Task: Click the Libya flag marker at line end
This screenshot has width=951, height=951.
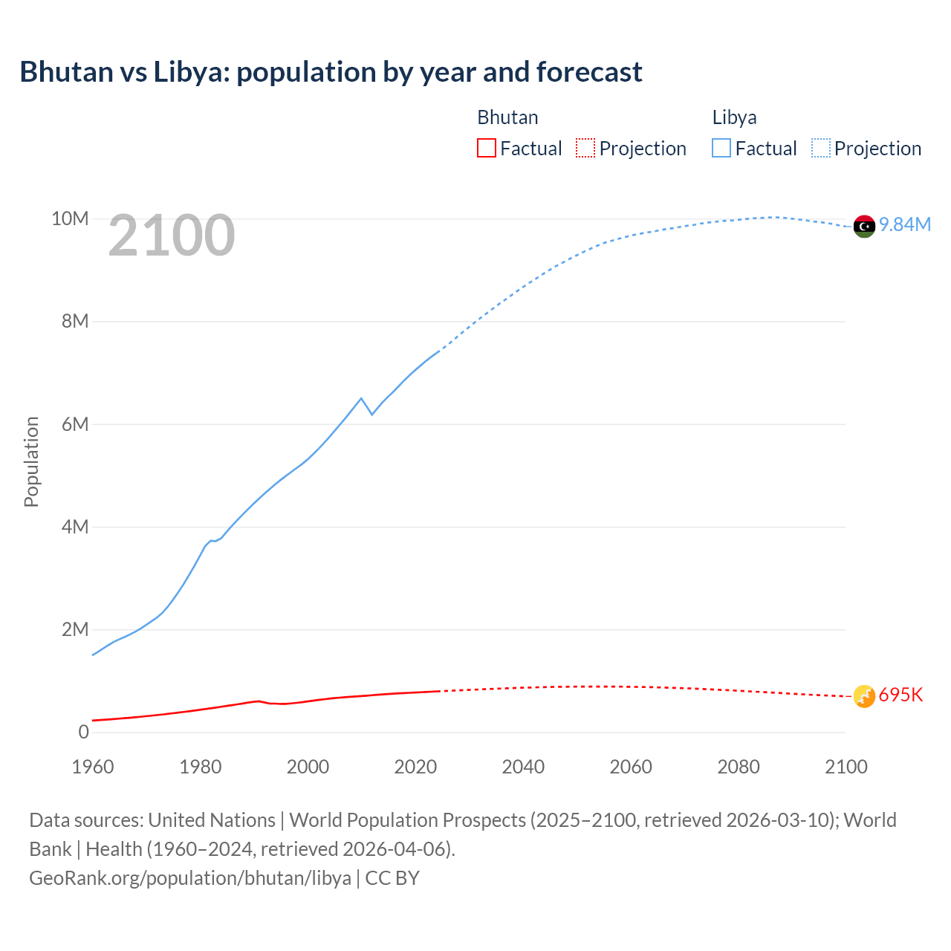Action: coord(864,226)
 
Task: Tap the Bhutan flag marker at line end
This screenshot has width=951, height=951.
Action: coord(864,696)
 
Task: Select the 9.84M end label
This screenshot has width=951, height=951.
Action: coord(905,225)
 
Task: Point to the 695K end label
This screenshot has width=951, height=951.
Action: coord(900,695)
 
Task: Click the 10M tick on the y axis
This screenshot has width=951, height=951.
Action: coord(70,219)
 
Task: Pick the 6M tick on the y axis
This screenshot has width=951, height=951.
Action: coord(75,424)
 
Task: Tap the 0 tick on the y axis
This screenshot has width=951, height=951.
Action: coord(83,732)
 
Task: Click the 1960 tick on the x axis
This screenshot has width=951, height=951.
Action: coord(93,767)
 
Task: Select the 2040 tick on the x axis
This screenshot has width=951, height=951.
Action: coord(523,767)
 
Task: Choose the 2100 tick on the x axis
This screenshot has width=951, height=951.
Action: coord(845,767)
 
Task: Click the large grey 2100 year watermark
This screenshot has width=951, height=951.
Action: coord(172,236)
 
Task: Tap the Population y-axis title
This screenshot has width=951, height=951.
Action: coord(31,461)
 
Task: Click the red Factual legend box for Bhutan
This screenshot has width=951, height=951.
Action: coord(486,148)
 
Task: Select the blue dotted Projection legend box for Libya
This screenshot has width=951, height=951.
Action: coord(820,148)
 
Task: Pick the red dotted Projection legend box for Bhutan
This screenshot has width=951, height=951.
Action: coord(585,148)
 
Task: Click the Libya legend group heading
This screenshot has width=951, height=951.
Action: coord(734,117)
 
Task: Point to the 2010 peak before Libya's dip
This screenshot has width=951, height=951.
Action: coord(361,398)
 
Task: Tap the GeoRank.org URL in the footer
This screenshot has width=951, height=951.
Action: coord(190,878)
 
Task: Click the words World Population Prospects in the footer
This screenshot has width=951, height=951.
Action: coord(407,820)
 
